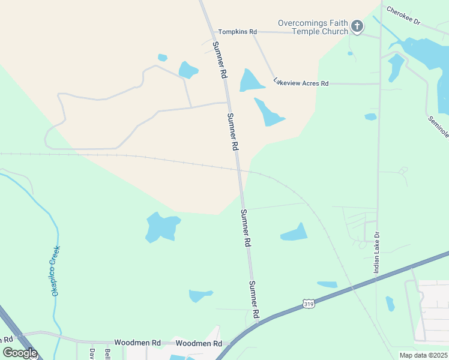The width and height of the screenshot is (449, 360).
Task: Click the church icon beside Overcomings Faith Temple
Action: pos(357,26)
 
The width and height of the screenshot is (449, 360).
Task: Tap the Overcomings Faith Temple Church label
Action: pos(313,27)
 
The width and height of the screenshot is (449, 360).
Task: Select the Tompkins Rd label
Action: pos(237,31)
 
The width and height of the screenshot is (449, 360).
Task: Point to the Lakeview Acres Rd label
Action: pos(301,83)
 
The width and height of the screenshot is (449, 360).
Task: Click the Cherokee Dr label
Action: pos(404,16)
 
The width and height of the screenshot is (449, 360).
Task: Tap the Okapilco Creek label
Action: pos(56,271)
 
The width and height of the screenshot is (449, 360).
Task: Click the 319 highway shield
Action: pos(308,304)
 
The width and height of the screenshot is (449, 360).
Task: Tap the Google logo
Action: pos(20,353)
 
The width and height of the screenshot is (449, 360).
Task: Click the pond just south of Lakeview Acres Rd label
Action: pos(268,112)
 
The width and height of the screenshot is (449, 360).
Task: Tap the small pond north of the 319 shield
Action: pos(327,284)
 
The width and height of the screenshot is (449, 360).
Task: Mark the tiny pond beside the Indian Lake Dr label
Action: pos(390,304)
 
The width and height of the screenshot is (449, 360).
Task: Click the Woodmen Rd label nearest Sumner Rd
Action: pos(199,343)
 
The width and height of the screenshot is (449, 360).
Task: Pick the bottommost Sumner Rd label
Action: pos(255,299)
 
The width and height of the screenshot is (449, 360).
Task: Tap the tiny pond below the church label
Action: pos(350,53)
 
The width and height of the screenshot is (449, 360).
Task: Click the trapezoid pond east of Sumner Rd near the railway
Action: pos(295,233)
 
